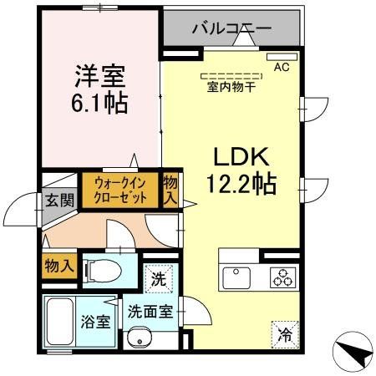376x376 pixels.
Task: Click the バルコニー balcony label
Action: pos(231,28)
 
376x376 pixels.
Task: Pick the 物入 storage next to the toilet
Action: pos(58,266)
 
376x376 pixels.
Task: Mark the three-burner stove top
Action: pos(282,277)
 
